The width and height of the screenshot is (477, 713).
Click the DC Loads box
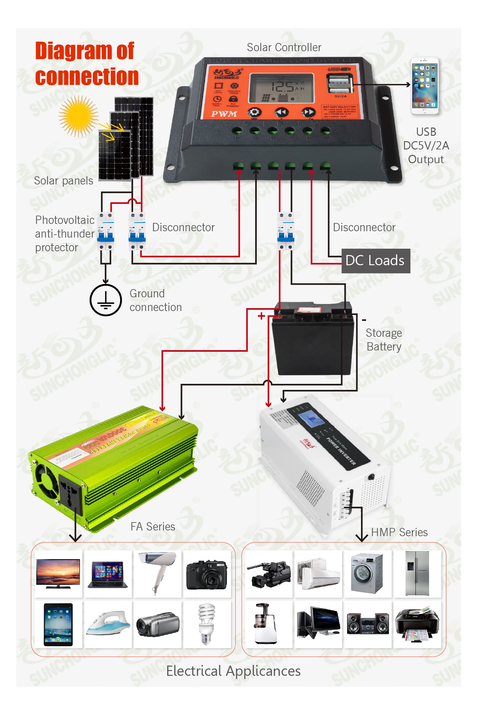[376, 261]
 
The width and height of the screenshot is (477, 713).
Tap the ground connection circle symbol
[106, 300]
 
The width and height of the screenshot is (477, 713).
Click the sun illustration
[78, 116]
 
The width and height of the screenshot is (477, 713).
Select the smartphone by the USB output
[425, 86]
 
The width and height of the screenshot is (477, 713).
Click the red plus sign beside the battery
[261, 316]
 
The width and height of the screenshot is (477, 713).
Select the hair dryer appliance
[158, 572]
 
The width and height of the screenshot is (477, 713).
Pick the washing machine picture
[367, 573]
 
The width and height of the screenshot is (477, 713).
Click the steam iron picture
[108, 623]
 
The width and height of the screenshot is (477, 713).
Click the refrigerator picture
[417, 573]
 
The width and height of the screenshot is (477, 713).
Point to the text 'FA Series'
[153, 527]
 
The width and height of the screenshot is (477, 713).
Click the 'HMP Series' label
[399, 532]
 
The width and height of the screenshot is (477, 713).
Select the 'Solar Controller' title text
[284, 47]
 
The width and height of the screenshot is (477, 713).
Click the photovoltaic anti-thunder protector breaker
[106, 231]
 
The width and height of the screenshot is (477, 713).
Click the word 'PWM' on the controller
[224, 114]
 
